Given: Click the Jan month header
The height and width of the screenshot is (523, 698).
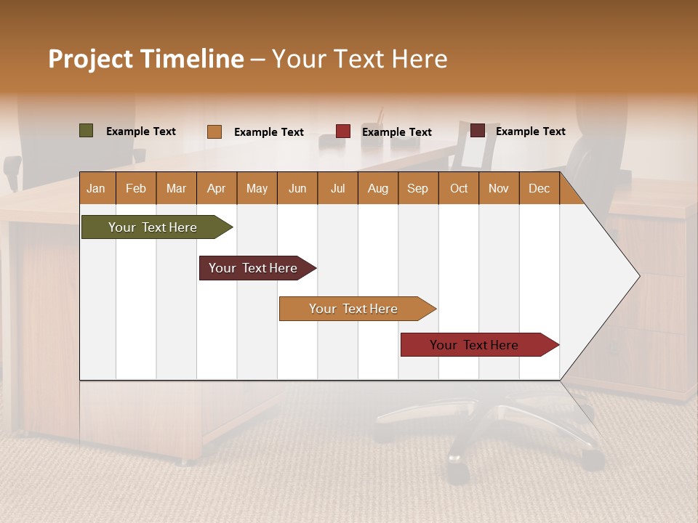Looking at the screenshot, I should click(x=96, y=188).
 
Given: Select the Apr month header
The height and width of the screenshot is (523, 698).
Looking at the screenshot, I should click(x=216, y=188).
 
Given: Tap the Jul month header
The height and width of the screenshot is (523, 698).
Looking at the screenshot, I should click(x=337, y=188).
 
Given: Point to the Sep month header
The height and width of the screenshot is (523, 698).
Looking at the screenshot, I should click(x=417, y=188).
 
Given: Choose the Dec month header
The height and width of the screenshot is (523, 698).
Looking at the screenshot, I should click(x=539, y=188).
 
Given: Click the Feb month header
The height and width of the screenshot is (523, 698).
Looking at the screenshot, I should click(x=136, y=188).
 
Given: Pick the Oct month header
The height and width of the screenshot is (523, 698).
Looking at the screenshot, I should click(x=458, y=188).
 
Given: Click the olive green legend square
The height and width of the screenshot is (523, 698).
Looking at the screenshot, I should click(x=86, y=131).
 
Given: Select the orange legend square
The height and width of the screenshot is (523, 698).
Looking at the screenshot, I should click(x=214, y=131).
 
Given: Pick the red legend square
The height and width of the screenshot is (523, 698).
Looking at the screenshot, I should click(x=342, y=131).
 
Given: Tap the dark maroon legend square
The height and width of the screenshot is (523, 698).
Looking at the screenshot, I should click(x=477, y=131).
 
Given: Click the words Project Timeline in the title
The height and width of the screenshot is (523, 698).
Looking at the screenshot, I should click(x=145, y=59).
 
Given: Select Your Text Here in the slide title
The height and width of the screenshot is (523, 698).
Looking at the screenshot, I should click(x=359, y=59).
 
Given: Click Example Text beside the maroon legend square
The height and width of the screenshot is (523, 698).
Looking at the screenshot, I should click(x=530, y=131).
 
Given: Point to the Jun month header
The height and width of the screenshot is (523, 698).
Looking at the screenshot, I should click(x=297, y=188).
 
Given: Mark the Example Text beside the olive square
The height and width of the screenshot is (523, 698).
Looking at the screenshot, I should click(x=140, y=131).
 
